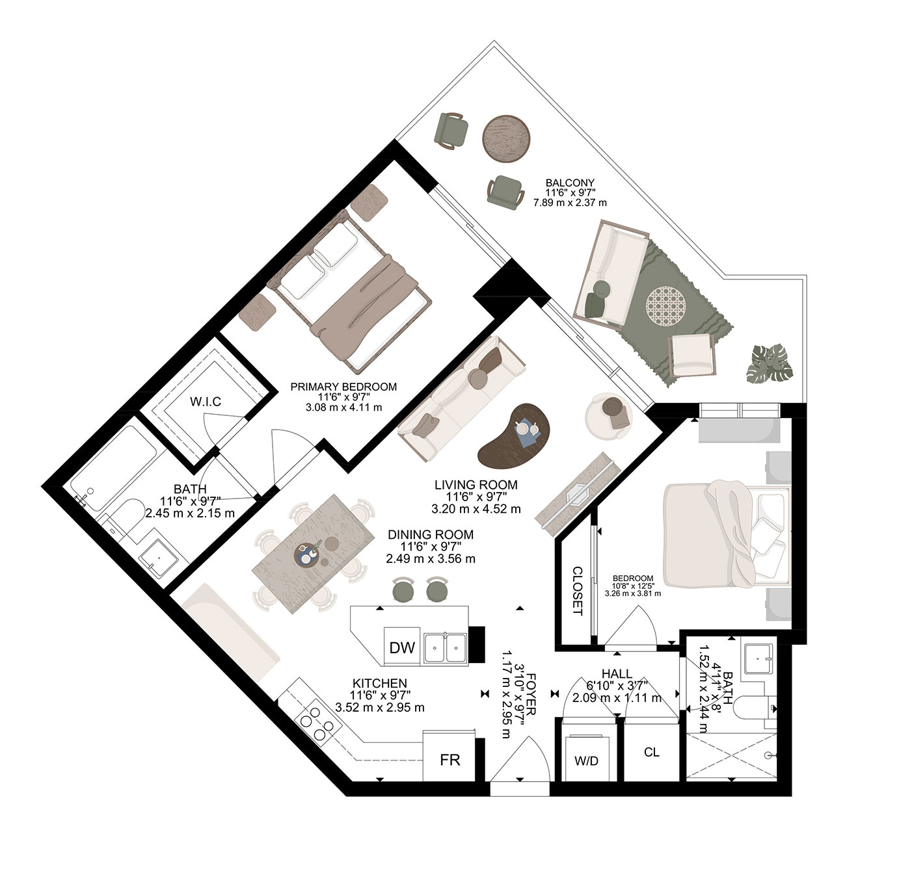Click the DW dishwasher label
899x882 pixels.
[x=401, y=647]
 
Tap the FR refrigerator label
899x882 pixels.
[x=449, y=760]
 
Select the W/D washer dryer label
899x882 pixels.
[x=586, y=761]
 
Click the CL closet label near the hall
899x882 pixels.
[x=652, y=752]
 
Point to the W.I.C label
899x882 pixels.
[x=206, y=402]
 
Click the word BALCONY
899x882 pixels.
[x=570, y=183]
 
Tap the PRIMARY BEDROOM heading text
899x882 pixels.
[x=343, y=387]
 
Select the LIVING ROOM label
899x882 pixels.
[x=476, y=485]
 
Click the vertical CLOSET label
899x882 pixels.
[x=577, y=591]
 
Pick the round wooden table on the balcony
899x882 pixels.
[x=505, y=139]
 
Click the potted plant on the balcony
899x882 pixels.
[x=770, y=364]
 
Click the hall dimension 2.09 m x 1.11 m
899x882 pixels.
[x=617, y=698]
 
